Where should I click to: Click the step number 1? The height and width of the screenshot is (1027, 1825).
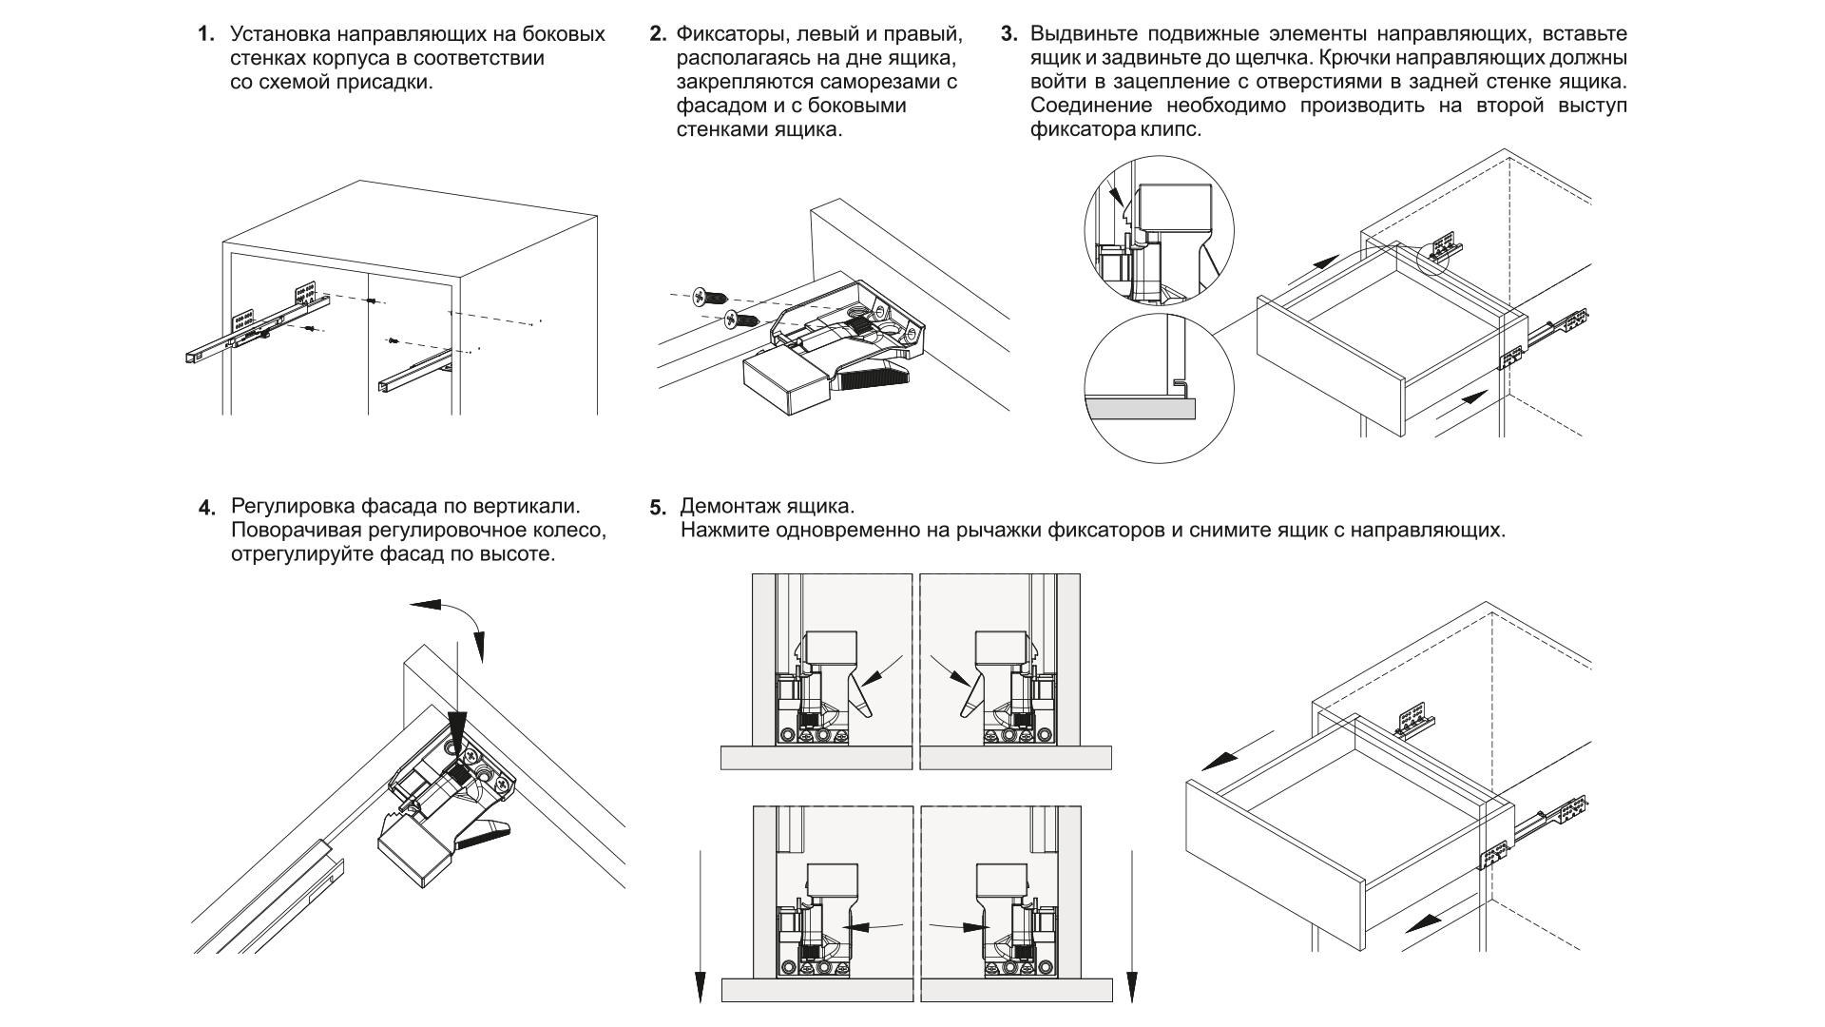[x=204, y=35]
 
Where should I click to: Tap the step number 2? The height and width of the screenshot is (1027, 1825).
[x=657, y=35]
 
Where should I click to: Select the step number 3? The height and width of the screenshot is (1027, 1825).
[x=1009, y=35]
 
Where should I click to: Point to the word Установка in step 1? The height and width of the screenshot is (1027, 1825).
[x=277, y=35]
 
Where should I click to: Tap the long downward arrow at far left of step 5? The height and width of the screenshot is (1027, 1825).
[x=699, y=922]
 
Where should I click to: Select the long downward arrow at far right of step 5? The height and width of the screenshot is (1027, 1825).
[x=1132, y=922]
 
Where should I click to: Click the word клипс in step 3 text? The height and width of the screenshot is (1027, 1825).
[x=1172, y=129]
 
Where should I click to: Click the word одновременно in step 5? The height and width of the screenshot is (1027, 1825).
[x=859, y=530]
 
